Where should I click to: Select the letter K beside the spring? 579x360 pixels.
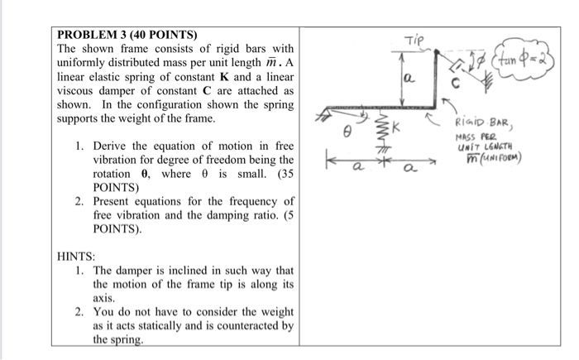[x=396, y=129]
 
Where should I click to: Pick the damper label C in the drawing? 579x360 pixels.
[x=453, y=83]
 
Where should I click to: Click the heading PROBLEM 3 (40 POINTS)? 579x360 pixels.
[x=127, y=36]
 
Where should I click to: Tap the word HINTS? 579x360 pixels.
[x=77, y=257]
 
